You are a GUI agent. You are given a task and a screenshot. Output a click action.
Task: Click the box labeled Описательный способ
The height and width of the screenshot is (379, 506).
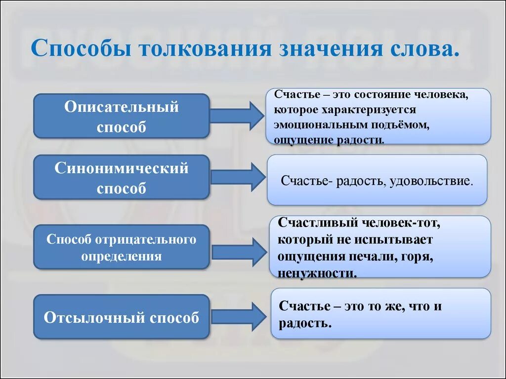coord(121,116)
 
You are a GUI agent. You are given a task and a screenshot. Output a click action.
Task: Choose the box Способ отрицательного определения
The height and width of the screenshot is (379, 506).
coord(121,247)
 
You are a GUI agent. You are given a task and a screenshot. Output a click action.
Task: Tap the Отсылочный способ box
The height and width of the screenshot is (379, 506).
coord(121,317)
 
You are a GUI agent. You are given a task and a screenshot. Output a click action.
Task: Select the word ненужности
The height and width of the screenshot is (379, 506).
coord(317,273)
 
